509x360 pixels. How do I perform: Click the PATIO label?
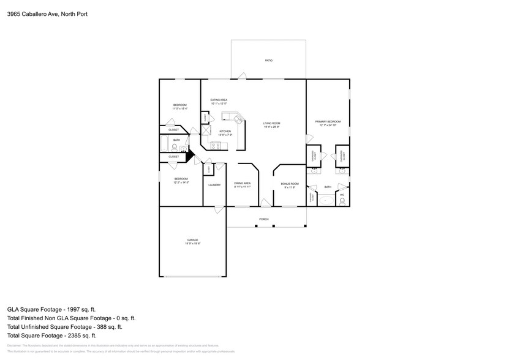268,61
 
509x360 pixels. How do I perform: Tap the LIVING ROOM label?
271,123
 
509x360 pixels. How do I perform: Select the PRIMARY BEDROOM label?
328,122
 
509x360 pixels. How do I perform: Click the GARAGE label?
192,239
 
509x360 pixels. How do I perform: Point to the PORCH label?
264,219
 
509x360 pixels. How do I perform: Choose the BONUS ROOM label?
289,184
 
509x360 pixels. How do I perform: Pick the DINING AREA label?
242,183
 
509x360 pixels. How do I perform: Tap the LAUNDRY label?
214,185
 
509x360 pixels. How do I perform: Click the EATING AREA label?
219,100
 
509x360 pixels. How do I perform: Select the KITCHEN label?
225,132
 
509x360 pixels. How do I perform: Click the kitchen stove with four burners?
216,145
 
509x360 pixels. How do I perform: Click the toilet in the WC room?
342,200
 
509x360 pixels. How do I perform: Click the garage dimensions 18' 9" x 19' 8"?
192,244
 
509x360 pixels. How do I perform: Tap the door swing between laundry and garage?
218,209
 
